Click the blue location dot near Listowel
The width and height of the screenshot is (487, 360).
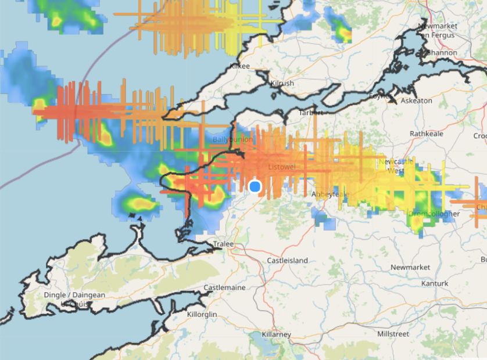[255, 186]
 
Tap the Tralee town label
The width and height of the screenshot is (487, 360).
[223, 244]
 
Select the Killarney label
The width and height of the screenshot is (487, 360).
[277, 335]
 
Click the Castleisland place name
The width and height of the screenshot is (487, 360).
[287, 261]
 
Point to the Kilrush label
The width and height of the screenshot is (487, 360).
[282, 84]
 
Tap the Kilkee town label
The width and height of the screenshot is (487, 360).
[240, 66]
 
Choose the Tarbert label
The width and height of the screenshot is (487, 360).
[310, 113]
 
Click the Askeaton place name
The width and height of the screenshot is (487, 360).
[417, 100]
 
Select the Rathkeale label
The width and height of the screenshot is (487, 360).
[427, 134]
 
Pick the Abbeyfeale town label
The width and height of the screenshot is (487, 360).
[330, 194]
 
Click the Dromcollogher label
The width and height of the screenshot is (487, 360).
[434, 214]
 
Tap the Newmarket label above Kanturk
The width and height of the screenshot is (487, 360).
[410, 267]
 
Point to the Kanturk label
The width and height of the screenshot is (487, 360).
[435, 283]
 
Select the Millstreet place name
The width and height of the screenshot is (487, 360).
[393, 334]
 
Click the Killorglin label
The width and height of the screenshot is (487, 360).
[202, 314]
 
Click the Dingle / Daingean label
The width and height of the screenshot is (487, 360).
[74, 295]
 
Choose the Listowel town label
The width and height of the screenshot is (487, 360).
[283, 167]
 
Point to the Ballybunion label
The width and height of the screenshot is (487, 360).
[232, 140]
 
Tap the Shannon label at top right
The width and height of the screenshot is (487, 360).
[443, 53]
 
